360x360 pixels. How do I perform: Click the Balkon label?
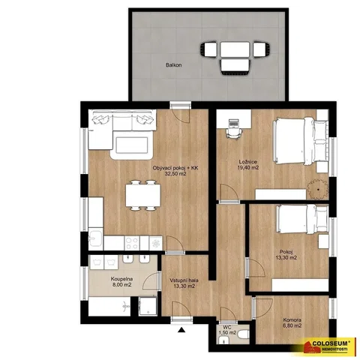click(173, 65)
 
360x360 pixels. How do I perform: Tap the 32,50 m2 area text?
click(175, 174)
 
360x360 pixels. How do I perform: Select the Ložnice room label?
click(247, 162)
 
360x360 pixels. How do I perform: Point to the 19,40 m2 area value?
click(248, 168)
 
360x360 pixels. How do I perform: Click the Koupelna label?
click(121, 279)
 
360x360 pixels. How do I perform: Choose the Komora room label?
click(292, 320)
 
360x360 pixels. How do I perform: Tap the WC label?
click(227, 328)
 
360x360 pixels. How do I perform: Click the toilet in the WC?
click(243, 334)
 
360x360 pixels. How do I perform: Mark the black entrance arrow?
click(181, 330)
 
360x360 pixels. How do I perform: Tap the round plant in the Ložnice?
click(318, 190)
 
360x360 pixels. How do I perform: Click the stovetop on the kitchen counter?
click(132, 243)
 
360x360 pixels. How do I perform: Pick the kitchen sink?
click(95, 238)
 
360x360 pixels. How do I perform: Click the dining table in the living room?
click(143, 195)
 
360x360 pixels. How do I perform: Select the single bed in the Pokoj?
click(302, 220)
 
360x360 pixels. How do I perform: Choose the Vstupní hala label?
click(184, 280)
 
